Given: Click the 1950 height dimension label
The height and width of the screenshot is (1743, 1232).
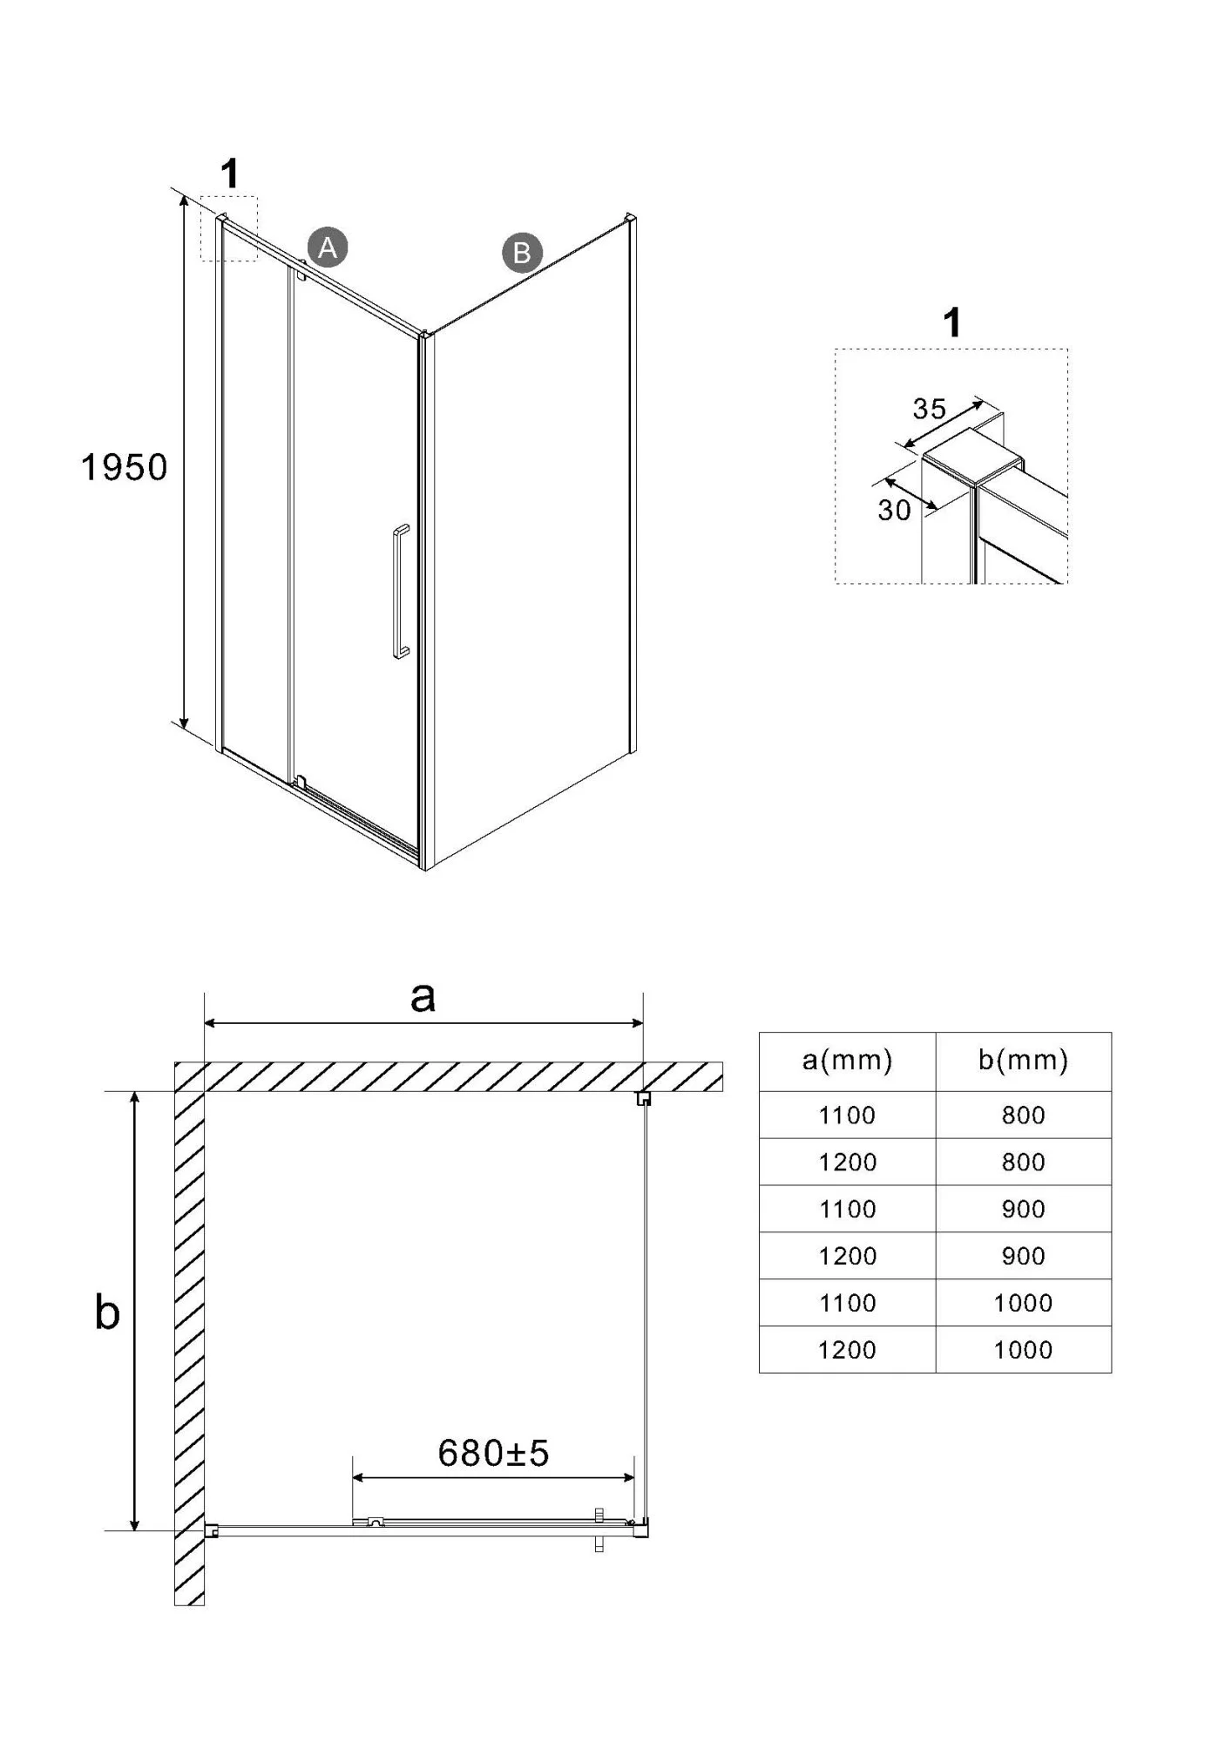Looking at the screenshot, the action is [x=124, y=468].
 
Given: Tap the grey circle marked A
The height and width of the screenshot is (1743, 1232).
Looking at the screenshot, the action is [x=328, y=248].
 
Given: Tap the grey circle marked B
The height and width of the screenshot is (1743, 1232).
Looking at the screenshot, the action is [x=522, y=253].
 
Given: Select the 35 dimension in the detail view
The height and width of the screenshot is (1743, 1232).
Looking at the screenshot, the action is [x=930, y=409].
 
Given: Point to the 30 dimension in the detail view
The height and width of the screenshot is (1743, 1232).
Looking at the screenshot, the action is [x=894, y=510].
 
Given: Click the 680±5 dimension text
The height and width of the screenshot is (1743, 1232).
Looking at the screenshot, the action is [x=493, y=1453].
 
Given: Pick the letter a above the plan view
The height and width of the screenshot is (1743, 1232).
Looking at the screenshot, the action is [x=423, y=997].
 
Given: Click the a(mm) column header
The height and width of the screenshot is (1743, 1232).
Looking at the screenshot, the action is [x=847, y=1060].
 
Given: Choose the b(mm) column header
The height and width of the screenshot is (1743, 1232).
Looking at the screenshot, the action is [x=1023, y=1060].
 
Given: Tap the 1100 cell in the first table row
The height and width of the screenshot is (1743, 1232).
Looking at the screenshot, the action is [x=847, y=1116].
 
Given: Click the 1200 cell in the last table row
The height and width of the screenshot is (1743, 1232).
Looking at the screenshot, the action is [x=847, y=1350].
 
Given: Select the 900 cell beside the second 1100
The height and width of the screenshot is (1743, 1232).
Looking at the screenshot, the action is [x=1023, y=1210].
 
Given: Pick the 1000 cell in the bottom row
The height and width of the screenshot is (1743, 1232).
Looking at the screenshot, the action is [x=1023, y=1350].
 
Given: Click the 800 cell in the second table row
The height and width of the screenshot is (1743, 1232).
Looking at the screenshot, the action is [x=1023, y=1163].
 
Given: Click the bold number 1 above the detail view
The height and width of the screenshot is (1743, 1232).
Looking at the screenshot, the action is [x=952, y=322].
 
